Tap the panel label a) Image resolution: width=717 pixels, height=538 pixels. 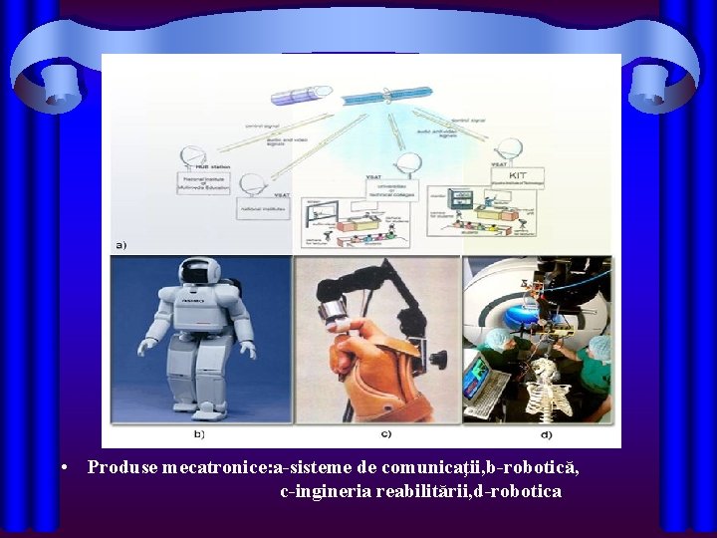120,244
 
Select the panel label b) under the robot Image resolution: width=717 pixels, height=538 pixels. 200,434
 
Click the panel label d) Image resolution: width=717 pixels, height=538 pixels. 547,434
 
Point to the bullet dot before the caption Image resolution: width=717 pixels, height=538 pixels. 64,466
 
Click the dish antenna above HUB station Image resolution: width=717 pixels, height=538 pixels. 190,157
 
